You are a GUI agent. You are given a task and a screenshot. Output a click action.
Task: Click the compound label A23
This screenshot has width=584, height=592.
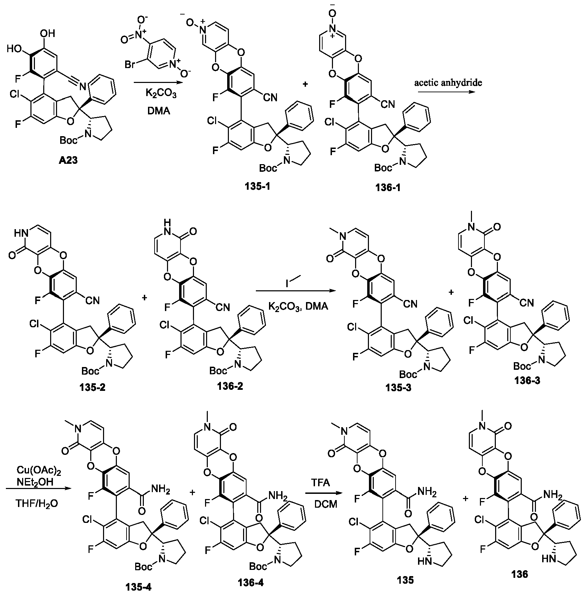coord(68,161)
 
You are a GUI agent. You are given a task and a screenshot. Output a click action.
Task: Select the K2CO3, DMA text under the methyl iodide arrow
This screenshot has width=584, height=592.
coord(298,306)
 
